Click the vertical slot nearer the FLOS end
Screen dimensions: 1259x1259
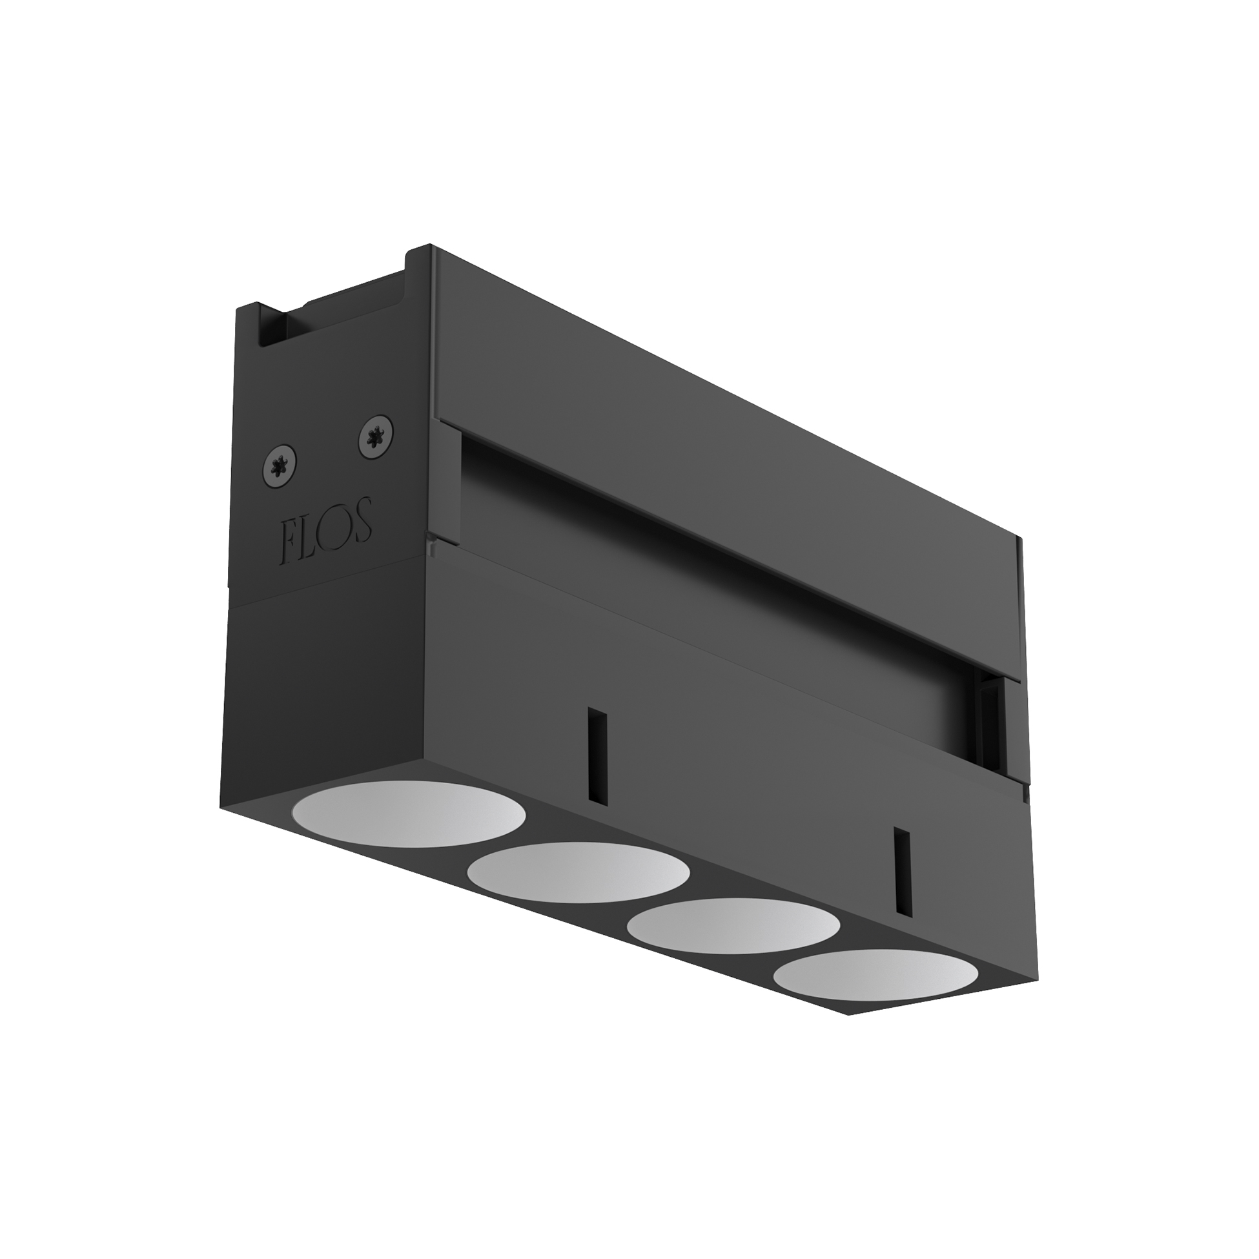click(x=597, y=756)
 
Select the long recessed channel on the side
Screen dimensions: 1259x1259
click(x=717, y=586)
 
